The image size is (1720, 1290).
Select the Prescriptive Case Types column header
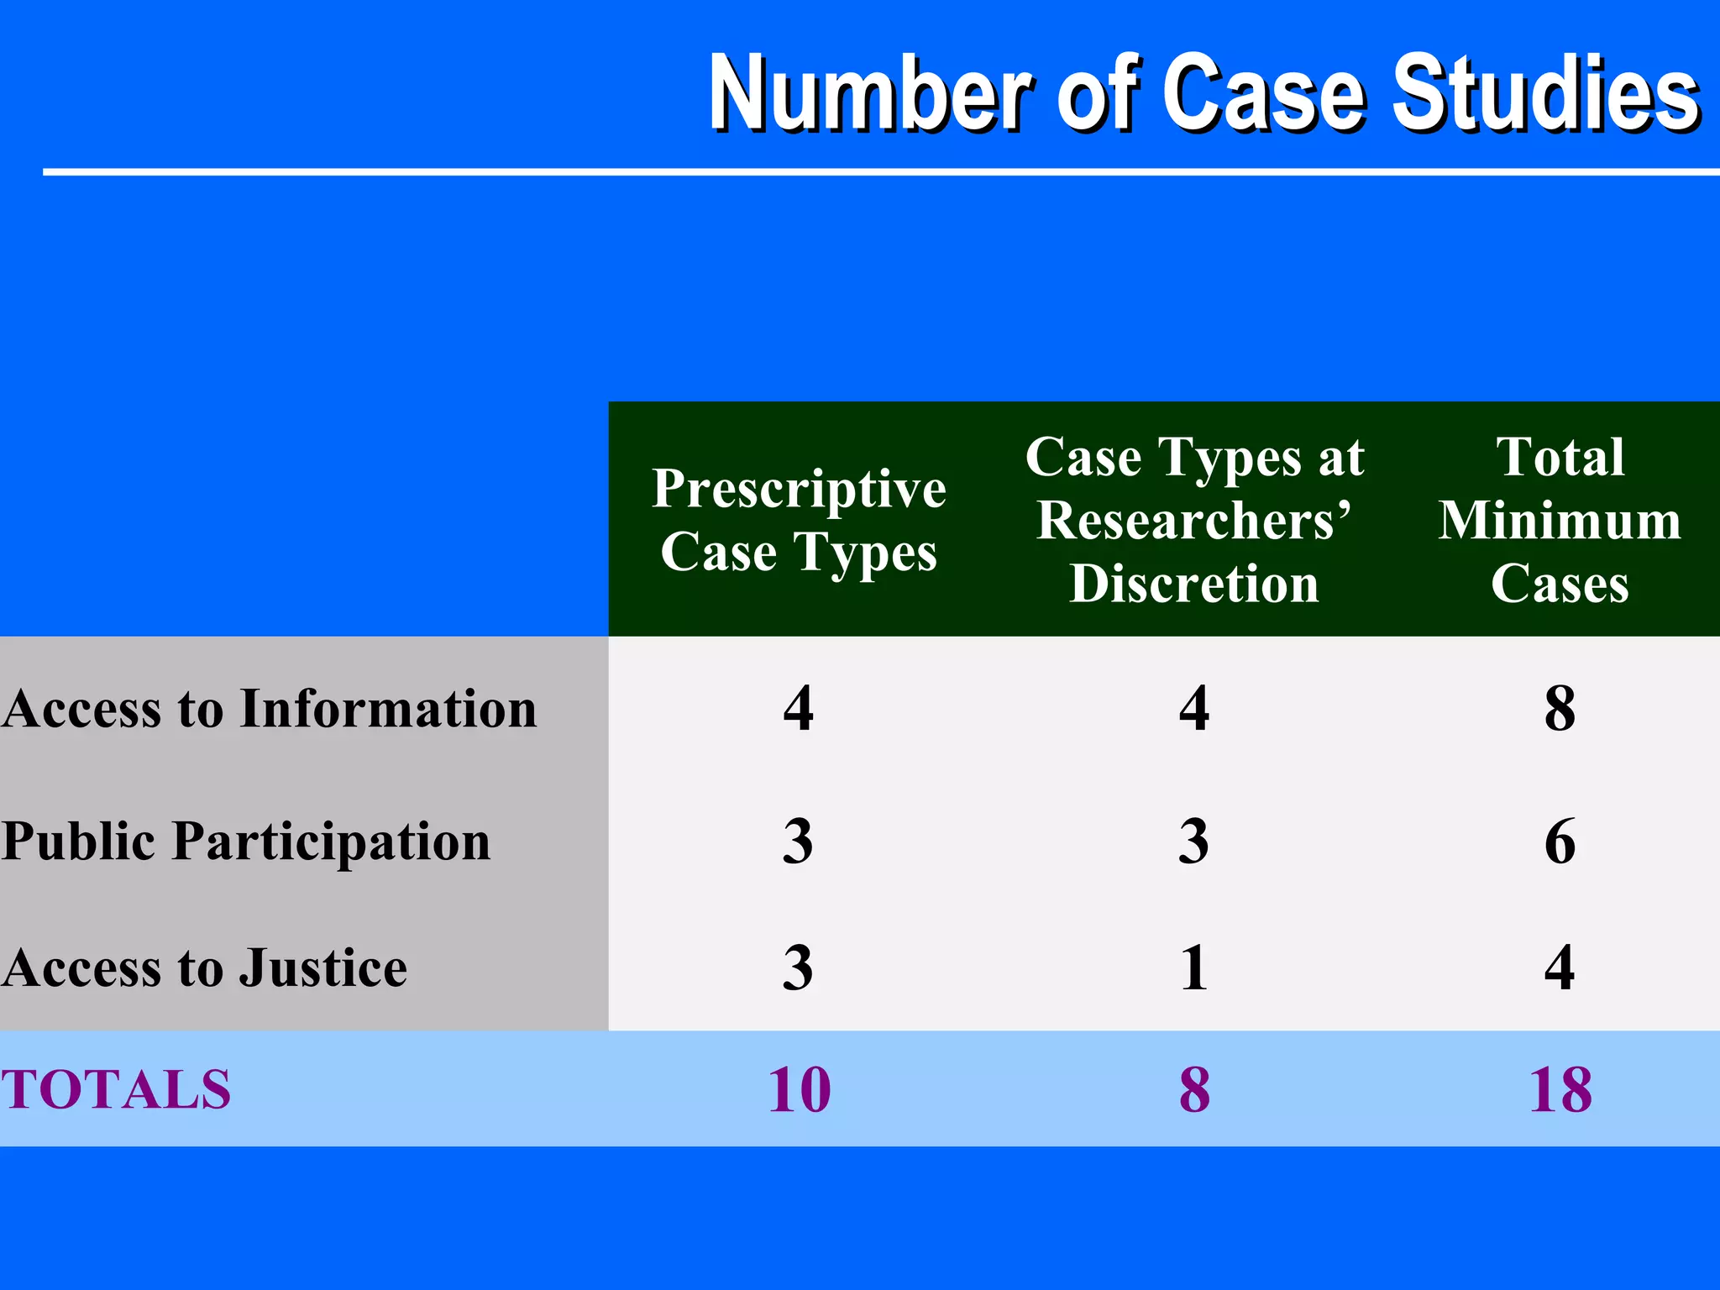pos(799,520)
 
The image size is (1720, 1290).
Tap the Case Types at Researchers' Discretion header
pos(1194,520)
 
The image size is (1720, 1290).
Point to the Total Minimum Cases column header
pos(1560,520)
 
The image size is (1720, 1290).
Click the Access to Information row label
pos(270,709)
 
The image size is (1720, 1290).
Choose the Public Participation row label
pos(246,841)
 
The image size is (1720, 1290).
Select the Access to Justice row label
pos(205,967)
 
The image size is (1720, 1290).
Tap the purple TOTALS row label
pos(116,1090)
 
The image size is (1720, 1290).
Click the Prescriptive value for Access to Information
pos(798,709)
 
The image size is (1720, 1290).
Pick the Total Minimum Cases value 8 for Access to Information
pos(1560,709)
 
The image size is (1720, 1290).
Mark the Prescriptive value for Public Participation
pos(798,841)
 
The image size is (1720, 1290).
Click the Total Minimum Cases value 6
pos(1560,841)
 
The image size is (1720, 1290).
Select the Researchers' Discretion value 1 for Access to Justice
pos(1194,967)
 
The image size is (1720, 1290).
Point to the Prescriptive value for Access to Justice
pos(798,967)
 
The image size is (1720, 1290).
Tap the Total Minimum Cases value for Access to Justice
pos(1560,967)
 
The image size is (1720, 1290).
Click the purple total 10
pos(799,1090)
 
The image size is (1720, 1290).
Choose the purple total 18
pos(1560,1090)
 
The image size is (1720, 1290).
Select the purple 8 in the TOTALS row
pos(1194,1090)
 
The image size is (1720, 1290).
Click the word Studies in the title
pos(1545,92)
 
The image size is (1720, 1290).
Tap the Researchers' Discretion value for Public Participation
pos(1194,841)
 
